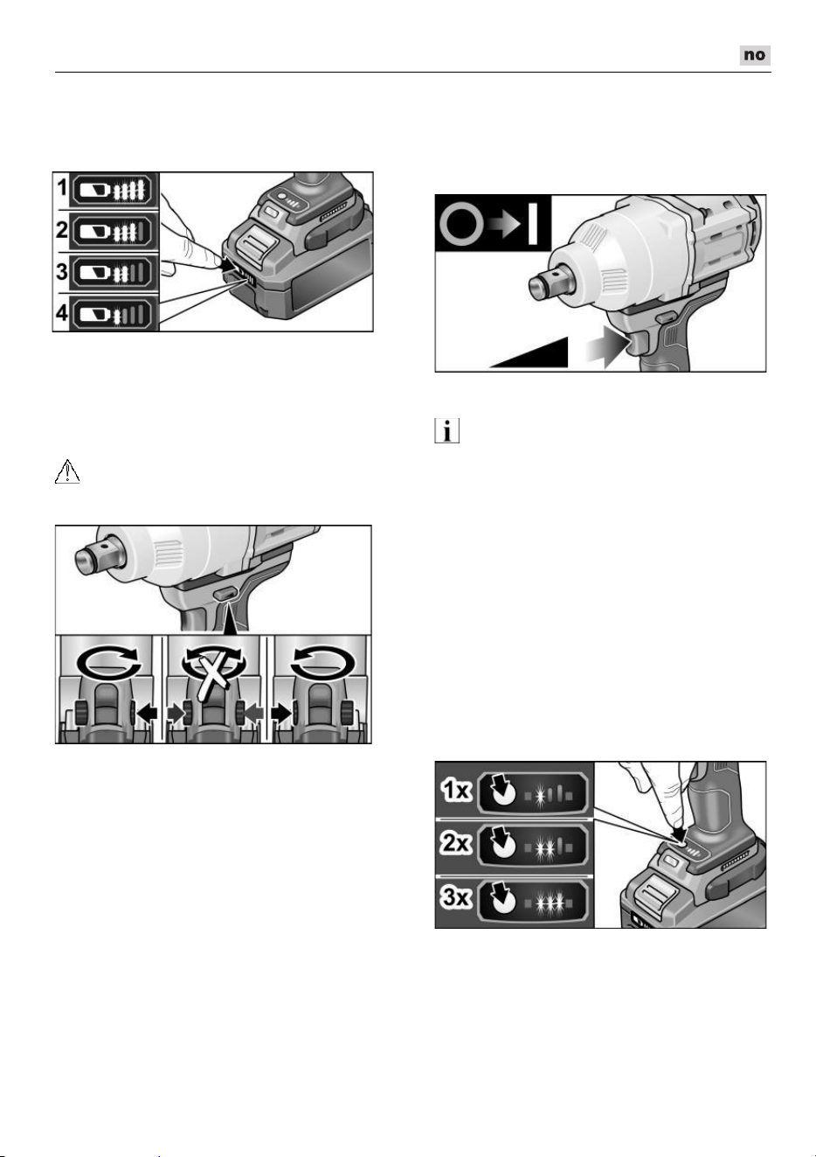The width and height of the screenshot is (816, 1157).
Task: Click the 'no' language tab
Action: coord(755,55)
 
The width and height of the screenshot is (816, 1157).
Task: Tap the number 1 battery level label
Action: coord(62,187)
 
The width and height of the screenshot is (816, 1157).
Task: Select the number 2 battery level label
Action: coord(62,229)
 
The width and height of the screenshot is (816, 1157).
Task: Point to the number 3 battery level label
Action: coord(62,271)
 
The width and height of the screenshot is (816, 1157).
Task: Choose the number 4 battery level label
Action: coord(62,312)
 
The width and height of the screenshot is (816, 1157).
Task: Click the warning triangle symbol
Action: coord(67,471)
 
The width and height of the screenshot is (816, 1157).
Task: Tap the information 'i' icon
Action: coord(447,430)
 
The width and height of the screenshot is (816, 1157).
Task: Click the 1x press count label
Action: coord(456,791)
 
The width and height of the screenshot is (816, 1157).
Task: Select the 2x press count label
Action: coord(456,843)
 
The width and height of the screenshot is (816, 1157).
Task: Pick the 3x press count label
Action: coord(456,896)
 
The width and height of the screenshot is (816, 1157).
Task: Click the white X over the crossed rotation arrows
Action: coord(212,676)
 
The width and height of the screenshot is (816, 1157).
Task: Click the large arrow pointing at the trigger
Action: coord(608,351)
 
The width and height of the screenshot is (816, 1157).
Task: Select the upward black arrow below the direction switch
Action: coord(230,619)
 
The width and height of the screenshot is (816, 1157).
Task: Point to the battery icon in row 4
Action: coord(97,314)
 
